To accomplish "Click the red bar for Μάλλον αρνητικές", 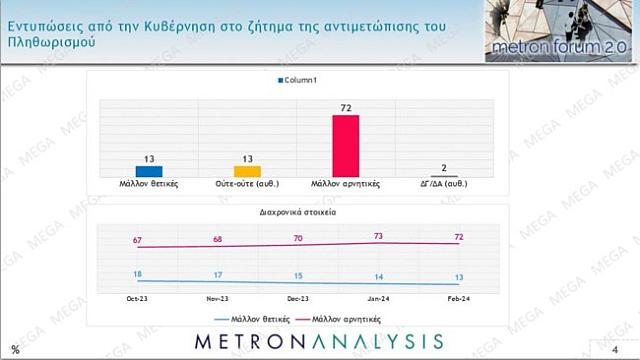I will point(345,145).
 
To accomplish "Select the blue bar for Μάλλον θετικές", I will point(148,171).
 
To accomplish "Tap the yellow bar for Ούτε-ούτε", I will point(247,171).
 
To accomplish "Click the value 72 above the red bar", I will point(345,105).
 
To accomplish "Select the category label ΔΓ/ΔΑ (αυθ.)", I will point(444,184).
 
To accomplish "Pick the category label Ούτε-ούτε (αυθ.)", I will point(247,184).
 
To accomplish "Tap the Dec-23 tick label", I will point(298,298).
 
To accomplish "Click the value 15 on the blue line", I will point(298,276).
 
